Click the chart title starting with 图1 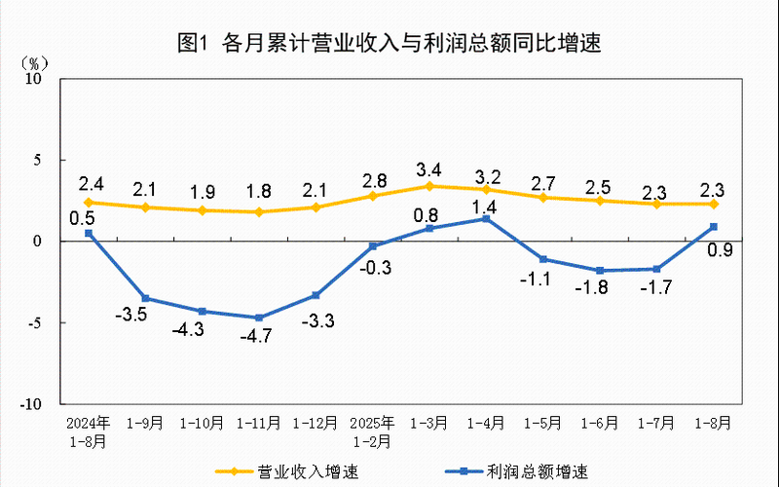coord(389,43)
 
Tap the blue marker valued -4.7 coord(259,318)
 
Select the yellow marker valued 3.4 coord(429,186)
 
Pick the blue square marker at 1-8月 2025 coord(714,227)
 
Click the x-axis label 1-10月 coord(203,424)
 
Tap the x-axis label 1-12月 coord(316,424)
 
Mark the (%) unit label coord(35,61)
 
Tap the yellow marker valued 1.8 coord(259,211)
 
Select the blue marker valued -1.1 coord(543,259)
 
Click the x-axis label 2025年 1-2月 coord(373,431)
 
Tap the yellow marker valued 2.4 coord(89,203)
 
